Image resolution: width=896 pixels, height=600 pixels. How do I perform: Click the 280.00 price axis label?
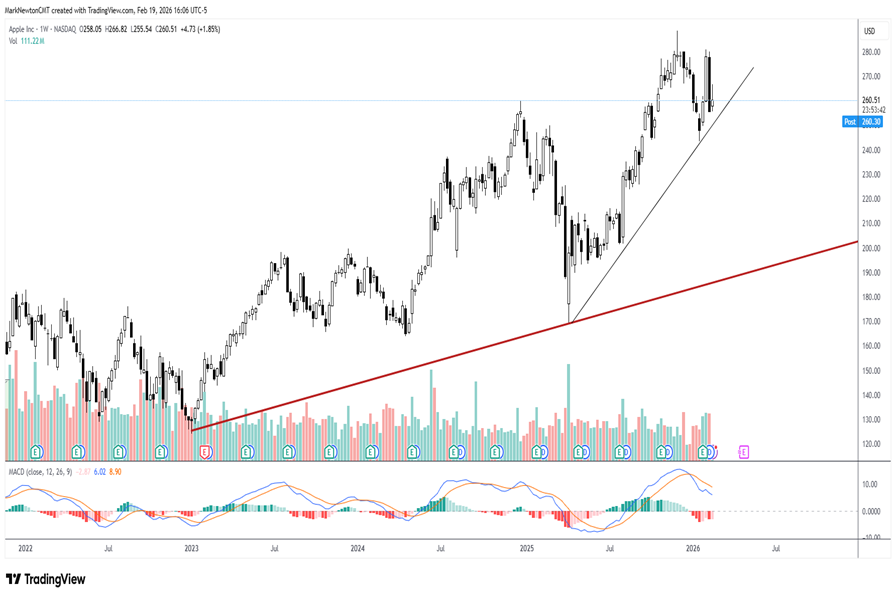click(870, 52)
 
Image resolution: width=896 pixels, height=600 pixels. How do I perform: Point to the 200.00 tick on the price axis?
click(870, 248)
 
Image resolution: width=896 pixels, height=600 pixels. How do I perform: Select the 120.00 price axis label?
click(870, 444)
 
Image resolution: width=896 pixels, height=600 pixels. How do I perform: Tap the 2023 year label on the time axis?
click(191, 549)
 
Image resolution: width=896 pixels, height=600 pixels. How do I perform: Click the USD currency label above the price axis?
click(869, 32)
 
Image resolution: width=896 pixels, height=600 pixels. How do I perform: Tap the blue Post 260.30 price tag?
click(862, 121)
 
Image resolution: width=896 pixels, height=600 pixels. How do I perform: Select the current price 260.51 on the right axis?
click(870, 100)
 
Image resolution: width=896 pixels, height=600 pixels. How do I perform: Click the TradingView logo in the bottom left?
click(46, 579)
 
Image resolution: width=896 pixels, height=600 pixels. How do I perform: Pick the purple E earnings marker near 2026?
click(744, 452)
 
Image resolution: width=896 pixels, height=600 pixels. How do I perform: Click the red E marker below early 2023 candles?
click(205, 452)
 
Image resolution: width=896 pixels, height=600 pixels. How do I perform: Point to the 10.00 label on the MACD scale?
click(869, 483)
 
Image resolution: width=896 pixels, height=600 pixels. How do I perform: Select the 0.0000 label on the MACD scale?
click(870, 511)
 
